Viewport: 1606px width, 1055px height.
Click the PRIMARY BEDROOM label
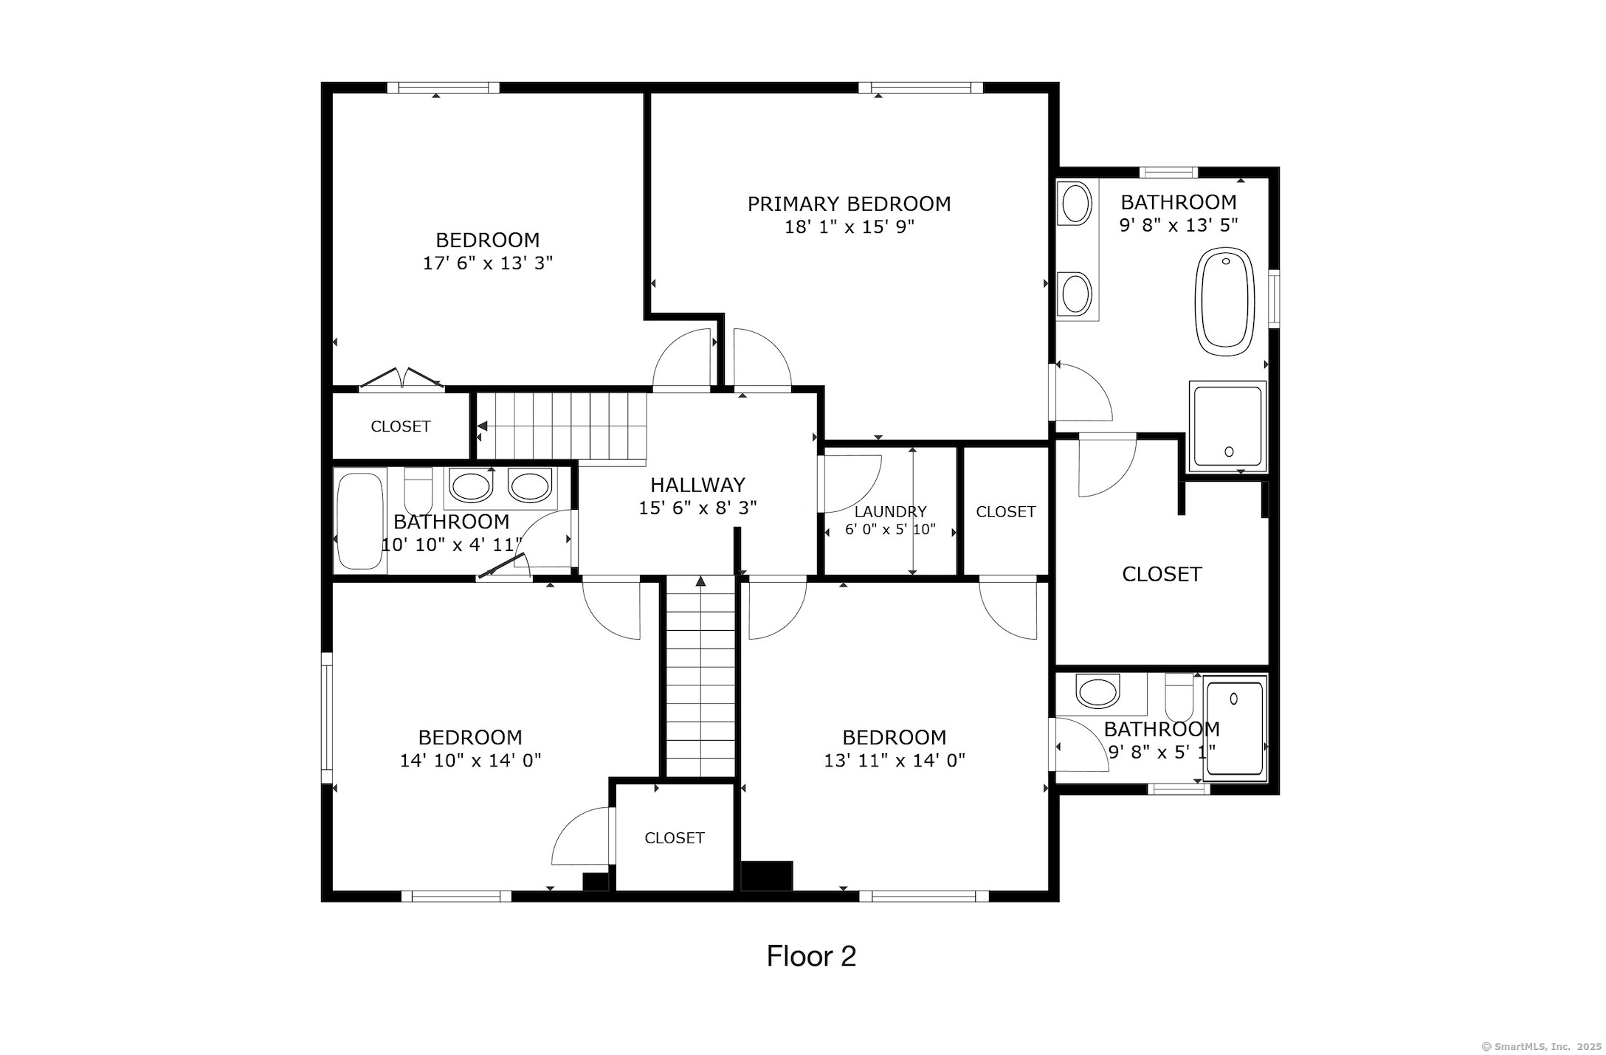pyautogui.click(x=849, y=204)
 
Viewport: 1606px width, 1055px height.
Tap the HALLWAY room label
pyautogui.click(x=697, y=485)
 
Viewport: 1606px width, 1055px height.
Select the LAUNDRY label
pyautogui.click(x=890, y=511)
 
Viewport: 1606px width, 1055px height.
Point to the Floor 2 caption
pyautogui.click(x=811, y=956)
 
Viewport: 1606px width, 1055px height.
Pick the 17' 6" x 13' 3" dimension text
pyautogui.click(x=488, y=263)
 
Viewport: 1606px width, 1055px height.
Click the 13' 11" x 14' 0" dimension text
pyautogui.click(x=895, y=760)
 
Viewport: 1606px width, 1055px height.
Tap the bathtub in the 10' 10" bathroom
pyautogui.click(x=360, y=520)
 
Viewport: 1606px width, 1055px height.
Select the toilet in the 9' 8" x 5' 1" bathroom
pyautogui.click(x=1179, y=695)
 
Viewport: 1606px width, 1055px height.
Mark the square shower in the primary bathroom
pyautogui.click(x=1227, y=426)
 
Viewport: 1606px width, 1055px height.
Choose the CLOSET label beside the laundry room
pyautogui.click(x=1006, y=511)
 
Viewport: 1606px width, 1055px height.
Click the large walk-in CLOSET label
pyautogui.click(x=1162, y=574)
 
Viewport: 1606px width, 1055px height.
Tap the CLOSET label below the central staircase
pyautogui.click(x=675, y=837)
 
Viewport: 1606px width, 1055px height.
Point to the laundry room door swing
pyautogui.click(x=850, y=484)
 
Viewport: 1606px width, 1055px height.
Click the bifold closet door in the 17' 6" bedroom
pyautogui.click(x=401, y=378)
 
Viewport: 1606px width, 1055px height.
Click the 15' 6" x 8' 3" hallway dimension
pyautogui.click(x=697, y=508)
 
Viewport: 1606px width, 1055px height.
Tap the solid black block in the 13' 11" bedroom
pyautogui.click(x=767, y=876)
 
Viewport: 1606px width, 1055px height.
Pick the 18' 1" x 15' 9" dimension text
pyautogui.click(x=849, y=226)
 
